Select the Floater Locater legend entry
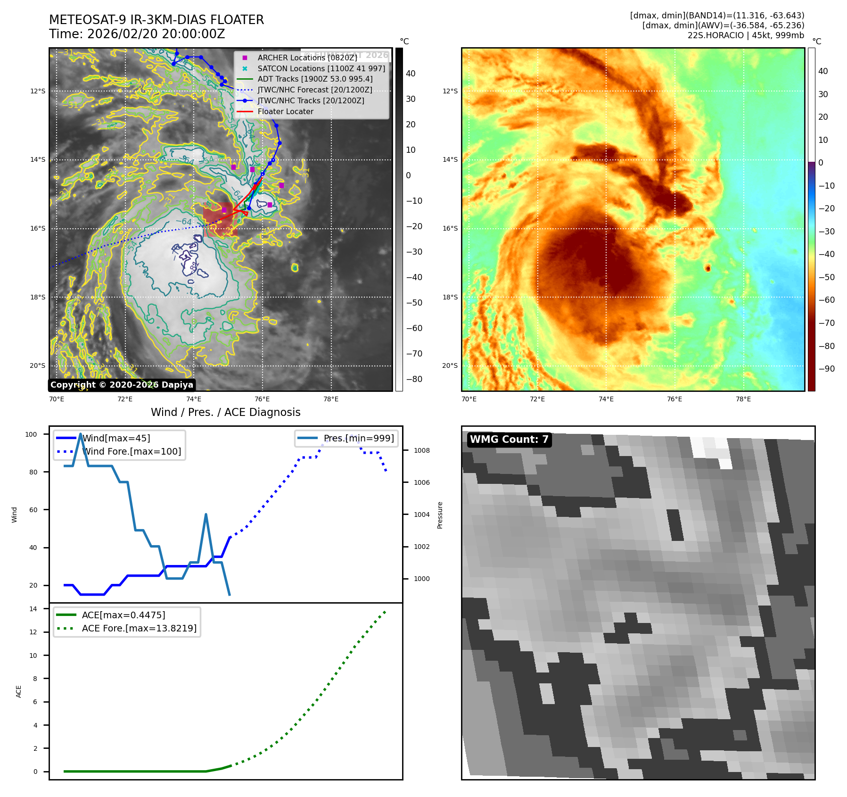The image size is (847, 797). (285, 111)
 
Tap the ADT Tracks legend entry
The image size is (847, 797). (315, 79)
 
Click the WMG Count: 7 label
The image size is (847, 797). (509, 440)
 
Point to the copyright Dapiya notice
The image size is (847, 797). (122, 385)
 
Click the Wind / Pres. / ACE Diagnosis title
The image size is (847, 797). (225, 412)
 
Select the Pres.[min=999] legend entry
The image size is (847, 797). (358, 438)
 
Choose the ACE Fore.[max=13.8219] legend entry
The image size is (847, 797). (139, 628)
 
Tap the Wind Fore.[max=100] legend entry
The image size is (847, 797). (132, 451)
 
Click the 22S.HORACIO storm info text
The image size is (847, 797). (745, 35)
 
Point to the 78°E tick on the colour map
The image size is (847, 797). (743, 399)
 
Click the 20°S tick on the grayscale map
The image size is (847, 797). (38, 365)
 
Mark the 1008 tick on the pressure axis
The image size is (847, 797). (421, 450)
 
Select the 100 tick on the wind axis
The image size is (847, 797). (31, 434)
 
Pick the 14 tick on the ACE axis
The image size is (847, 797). (33, 609)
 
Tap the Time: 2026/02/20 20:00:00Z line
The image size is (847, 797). (137, 34)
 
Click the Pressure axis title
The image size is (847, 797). (440, 515)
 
